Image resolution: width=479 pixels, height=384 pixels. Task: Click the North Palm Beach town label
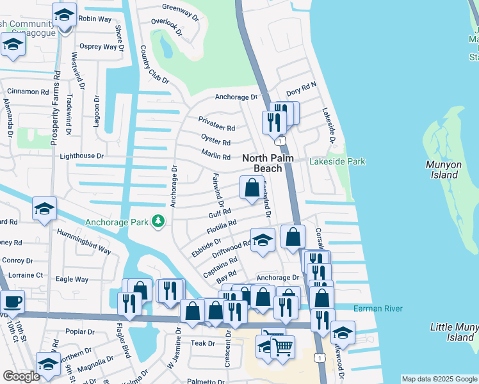pyautogui.click(x=262, y=163)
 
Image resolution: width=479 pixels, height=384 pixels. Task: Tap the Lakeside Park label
pyautogui.click(x=337, y=161)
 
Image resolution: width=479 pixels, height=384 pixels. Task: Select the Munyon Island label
pyautogui.click(x=443, y=170)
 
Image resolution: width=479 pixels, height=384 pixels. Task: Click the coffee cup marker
pyautogui.click(x=12, y=301)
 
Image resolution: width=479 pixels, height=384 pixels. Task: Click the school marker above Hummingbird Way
pyautogui.click(x=44, y=209)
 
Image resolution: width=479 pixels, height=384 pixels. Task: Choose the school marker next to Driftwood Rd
pyautogui.click(x=263, y=240)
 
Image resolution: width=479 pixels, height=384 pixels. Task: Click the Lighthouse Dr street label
pyautogui.click(x=81, y=156)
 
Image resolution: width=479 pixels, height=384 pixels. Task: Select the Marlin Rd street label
pyautogui.click(x=216, y=156)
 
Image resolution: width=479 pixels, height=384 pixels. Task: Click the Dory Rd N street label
pyautogui.click(x=301, y=92)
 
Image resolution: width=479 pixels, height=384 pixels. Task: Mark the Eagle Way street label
pyautogui.click(x=72, y=279)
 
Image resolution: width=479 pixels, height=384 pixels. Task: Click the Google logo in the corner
pyautogui.click(x=21, y=376)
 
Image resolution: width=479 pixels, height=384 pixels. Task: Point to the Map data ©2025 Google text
pyautogui.click(x=439, y=379)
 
